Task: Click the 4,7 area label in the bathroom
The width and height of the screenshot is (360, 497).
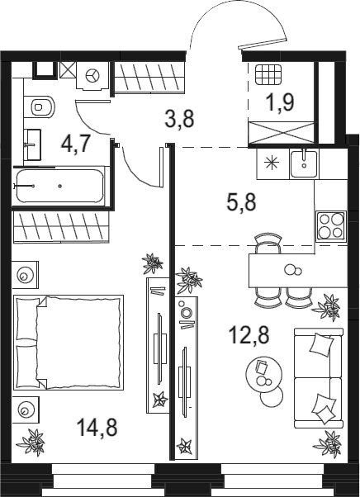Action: tap(76, 144)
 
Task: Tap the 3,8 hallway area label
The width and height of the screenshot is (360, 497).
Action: tap(179, 118)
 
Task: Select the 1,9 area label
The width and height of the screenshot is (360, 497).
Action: tap(281, 102)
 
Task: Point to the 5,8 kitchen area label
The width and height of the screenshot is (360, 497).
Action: tap(241, 202)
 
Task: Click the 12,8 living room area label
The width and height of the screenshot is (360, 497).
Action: tap(249, 335)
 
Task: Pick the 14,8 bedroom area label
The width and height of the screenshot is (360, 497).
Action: tap(97, 427)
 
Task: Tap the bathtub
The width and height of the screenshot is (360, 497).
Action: tap(60, 186)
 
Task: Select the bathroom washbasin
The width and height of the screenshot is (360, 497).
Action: tap(33, 144)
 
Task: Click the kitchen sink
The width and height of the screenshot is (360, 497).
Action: tap(304, 164)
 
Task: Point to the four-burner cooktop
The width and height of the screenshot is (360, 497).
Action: tap(330, 227)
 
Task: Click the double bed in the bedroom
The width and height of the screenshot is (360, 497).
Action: tap(69, 343)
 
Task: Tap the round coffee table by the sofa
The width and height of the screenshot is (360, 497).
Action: tap(264, 372)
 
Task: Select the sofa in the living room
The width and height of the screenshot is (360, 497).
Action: tap(319, 378)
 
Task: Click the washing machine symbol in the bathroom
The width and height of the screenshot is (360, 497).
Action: tap(92, 77)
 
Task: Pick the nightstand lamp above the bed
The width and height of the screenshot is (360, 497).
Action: tap(25, 275)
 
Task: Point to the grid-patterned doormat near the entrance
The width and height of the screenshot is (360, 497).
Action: tap(268, 74)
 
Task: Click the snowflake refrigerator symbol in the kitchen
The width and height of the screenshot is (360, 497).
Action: tap(272, 163)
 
